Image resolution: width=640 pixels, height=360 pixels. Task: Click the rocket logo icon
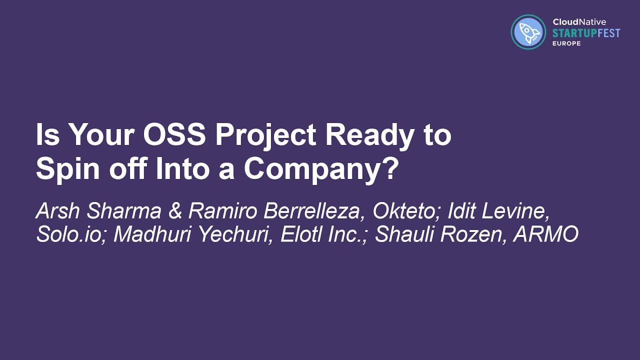click(x=528, y=32)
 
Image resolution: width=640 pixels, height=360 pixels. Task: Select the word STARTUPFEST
click(x=586, y=33)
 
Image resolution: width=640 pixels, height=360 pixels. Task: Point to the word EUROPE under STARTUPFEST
click(x=566, y=43)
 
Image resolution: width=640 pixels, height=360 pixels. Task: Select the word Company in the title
click(x=314, y=169)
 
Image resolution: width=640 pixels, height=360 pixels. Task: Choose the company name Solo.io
click(x=70, y=234)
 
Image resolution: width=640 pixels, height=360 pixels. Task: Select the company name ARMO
click(x=546, y=234)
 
